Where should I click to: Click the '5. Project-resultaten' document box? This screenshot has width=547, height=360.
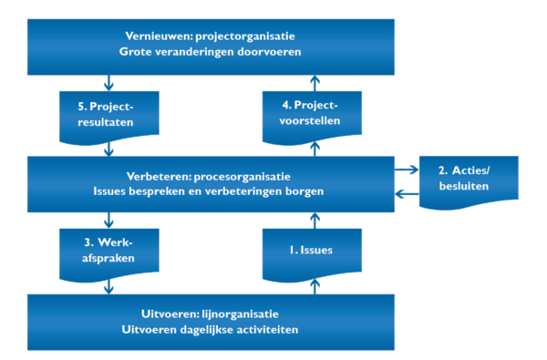tap(108, 115)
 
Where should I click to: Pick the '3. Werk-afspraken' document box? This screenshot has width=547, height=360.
tap(108, 250)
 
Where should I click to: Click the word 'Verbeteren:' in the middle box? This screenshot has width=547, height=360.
tap(160, 177)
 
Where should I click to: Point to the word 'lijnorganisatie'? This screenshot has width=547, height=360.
tap(240, 314)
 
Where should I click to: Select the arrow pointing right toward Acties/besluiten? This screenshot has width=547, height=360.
tap(407, 170)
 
